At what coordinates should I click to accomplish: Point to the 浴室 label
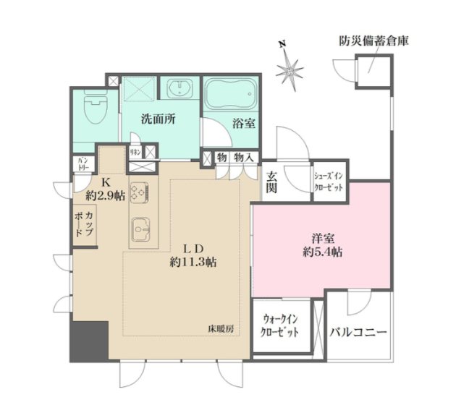point(243,123)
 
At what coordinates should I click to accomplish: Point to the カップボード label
point(83,223)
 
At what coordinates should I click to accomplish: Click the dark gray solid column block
point(88,340)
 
